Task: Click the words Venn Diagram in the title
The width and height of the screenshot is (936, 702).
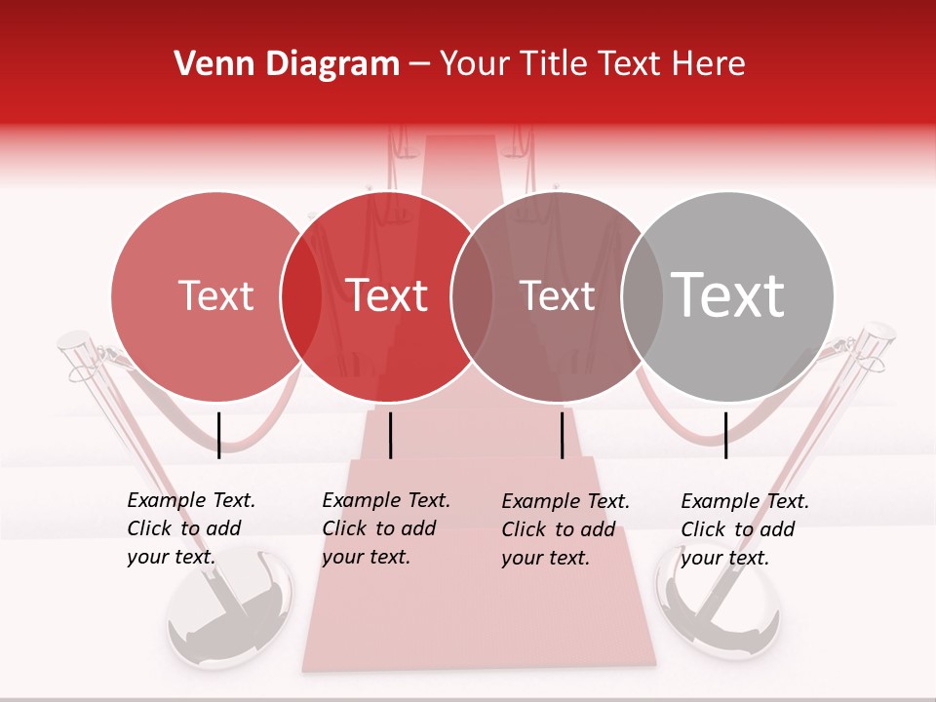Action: [286, 64]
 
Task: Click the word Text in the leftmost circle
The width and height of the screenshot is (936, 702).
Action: [215, 296]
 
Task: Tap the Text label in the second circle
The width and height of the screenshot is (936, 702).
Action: [387, 296]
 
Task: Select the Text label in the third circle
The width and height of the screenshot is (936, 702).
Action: [557, 296]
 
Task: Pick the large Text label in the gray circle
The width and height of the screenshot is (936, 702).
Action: [727, 294]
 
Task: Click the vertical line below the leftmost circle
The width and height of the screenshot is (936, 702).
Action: [218, 435]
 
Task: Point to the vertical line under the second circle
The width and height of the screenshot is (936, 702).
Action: [390, 435]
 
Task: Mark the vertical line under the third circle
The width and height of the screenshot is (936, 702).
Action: [562, 435]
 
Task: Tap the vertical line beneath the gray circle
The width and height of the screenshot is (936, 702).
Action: [725, 435]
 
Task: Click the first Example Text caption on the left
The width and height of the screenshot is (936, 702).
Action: [191, 528]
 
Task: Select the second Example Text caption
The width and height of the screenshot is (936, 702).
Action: [386, 528]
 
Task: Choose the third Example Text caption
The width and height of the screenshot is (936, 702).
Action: [565, 529]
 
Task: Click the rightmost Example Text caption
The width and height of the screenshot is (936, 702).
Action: [745, 529]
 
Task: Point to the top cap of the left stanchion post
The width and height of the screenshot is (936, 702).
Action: [74, 340]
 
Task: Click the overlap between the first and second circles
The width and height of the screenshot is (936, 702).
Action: [301, 296]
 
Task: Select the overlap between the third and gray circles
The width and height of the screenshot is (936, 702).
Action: [643, 296]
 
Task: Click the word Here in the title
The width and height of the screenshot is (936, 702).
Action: [714, 64]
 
